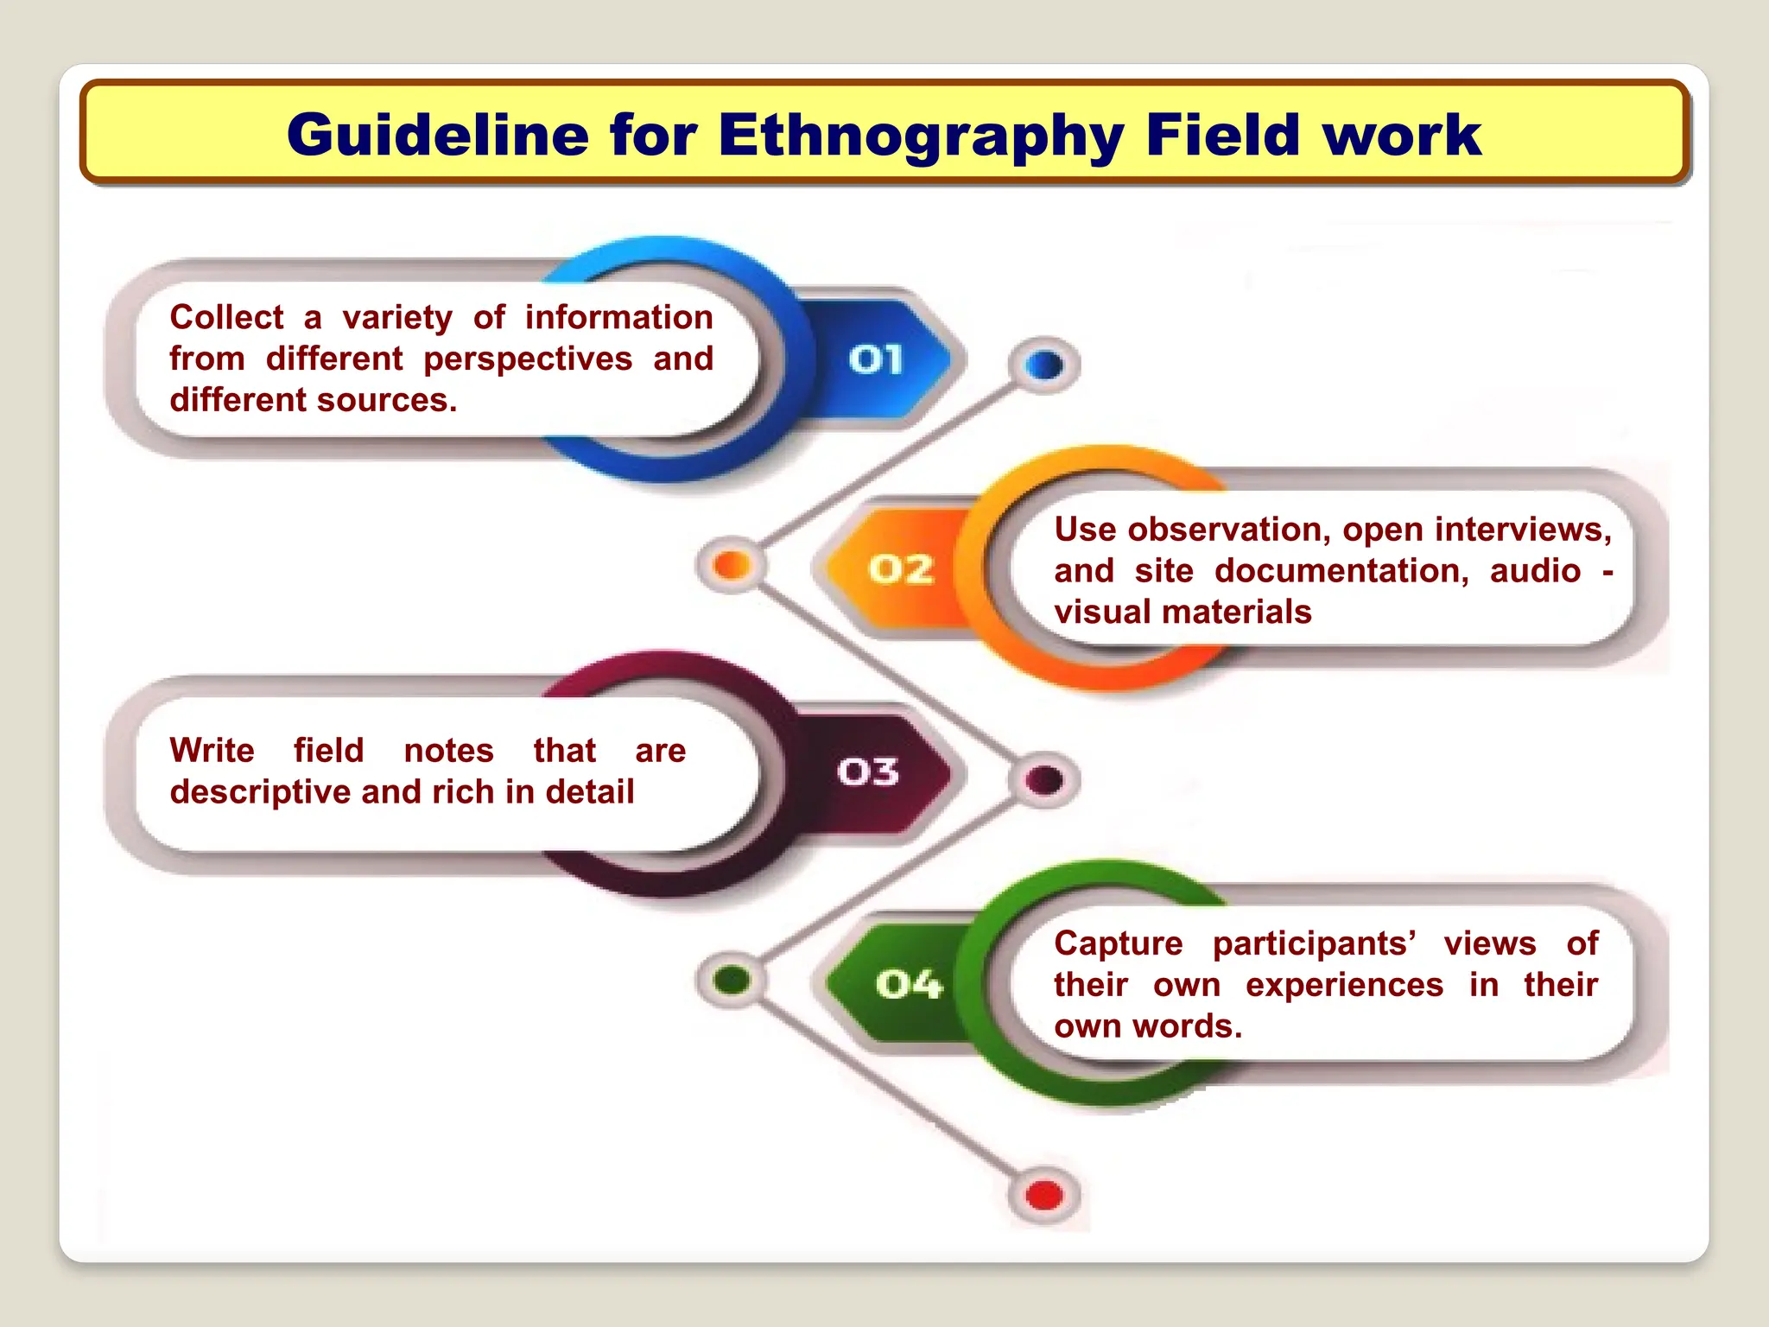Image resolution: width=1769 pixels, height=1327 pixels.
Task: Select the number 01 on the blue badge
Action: pyautogui.click(x=875, y=359)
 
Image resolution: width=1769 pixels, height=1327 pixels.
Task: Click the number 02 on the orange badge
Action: pyautogui.click(x=901, y=569)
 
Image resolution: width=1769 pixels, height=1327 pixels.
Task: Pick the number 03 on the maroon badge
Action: pyautogui.click(x=868, y=771)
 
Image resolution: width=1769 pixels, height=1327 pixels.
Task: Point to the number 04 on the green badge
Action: pyautogui.click(x=908, y=984)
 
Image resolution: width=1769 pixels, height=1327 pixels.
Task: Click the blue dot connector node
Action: pyautogui.click(x=1044, y=365)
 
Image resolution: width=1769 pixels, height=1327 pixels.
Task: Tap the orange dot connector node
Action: pyautogui.click(x=732, y=565)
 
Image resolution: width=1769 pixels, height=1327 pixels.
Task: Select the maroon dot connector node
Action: pyautogui.click(x=1044, y=779)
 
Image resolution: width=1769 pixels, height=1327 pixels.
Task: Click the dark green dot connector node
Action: pyautogui.click(x=732, y=980)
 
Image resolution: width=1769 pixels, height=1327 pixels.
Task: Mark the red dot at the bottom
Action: pyautogui.click(x=1044, y=1196)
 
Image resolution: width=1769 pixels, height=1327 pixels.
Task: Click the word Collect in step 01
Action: pyautogui.click(x=226, y=317)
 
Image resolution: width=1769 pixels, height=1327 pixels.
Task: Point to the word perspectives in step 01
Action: pyautogui.click(x=528, y=359)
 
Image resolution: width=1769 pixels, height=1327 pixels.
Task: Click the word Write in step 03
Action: pyautogui.click(x=212, y=750)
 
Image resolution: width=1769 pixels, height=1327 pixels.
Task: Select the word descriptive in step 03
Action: pyautogui.click(x=260, y=791)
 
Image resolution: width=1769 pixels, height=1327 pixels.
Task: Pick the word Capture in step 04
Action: pyautogui.click(x=1118, y=943)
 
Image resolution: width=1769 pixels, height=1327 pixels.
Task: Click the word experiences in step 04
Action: pyautogui.click(x=1344, y=984)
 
